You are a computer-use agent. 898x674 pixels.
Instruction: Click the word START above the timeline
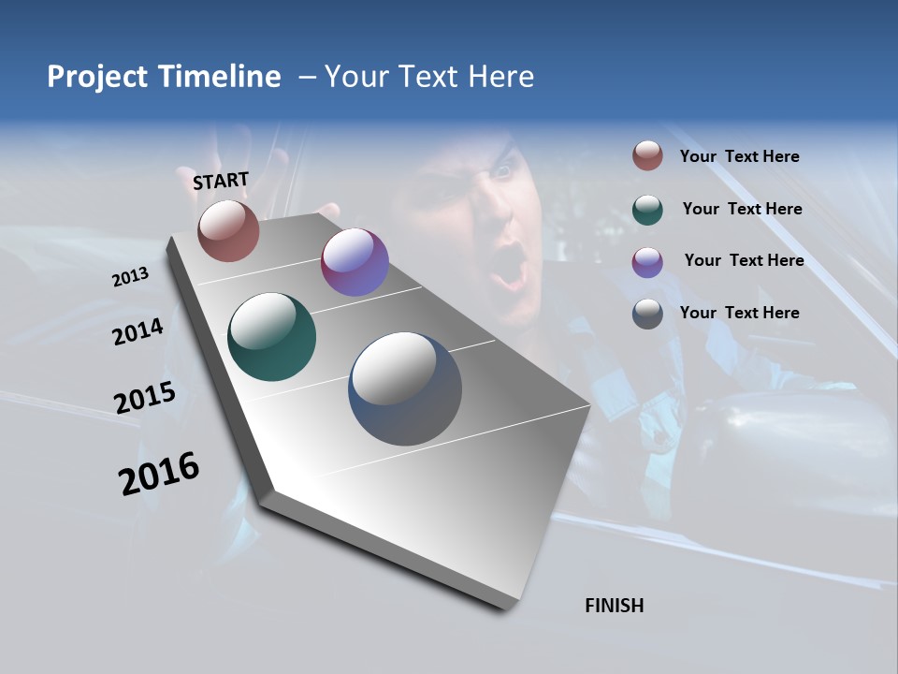click(x=221, y=181)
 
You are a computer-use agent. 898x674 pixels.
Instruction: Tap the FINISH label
click(x=614, y=606)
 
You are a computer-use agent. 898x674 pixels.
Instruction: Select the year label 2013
click(x=131, y=277)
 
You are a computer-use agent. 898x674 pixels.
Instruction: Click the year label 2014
click(x=138, y=331)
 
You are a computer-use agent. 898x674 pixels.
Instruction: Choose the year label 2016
click(x=160, y=473)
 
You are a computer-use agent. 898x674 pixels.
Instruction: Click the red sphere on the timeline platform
click(x=228, y=230)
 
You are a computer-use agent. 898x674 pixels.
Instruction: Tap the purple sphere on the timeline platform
click(x=355, y=262)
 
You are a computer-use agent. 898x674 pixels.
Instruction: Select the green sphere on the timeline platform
click(x=272, y=337)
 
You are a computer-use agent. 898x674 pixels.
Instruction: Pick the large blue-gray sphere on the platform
click(x=405, y=388)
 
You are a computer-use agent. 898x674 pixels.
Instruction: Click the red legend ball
click(x=647, y=155)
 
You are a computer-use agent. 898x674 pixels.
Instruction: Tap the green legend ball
click(x=647, y=209)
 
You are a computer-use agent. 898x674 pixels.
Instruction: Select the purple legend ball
click(x=647, y=261)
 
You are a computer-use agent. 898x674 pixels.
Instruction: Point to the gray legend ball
click(x=647, y=314)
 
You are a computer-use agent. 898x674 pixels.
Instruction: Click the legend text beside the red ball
click(x=739, y=156)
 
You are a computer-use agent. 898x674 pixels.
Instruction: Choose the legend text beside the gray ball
click(x=739, y=313)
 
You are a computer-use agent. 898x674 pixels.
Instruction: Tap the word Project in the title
click(x=97, y=77)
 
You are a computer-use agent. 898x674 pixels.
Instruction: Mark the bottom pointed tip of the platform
click(x=505, y=607)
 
